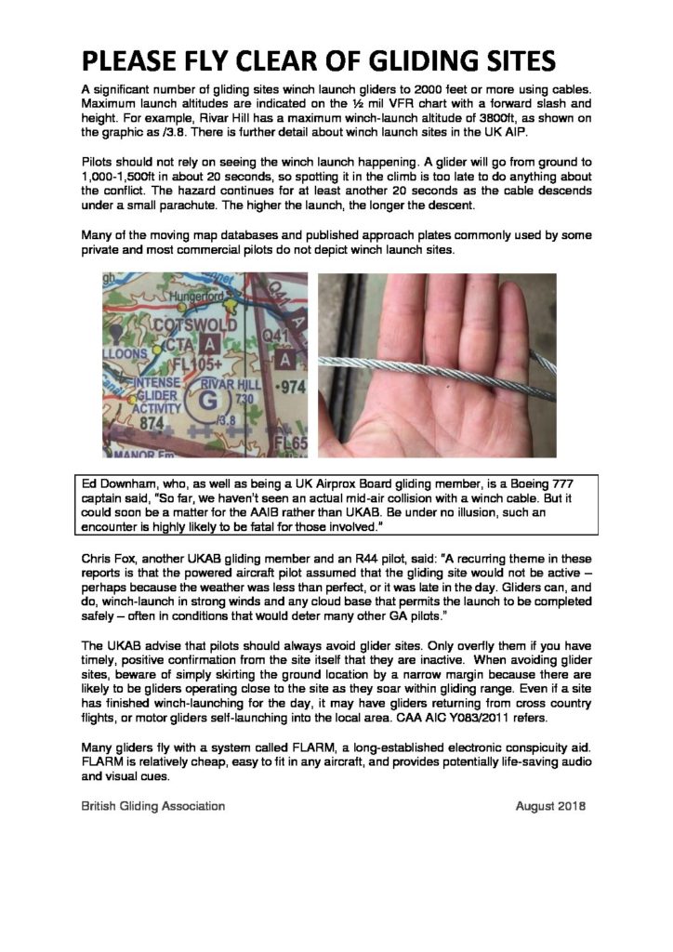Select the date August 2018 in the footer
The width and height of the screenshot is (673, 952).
point(551,806)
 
